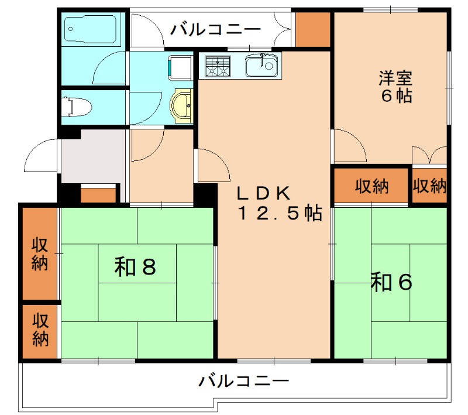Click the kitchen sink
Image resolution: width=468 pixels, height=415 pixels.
pos(261,64)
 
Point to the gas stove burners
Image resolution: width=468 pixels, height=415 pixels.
pos(216,66)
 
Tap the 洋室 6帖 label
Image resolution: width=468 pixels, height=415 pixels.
pos(396,86)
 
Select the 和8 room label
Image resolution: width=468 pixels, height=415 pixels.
pos(135,267)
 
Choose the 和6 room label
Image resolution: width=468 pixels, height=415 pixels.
pos(391,283)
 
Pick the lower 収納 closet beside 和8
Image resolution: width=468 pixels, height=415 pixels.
pos(40,330)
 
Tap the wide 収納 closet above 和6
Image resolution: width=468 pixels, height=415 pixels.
pos(372,186)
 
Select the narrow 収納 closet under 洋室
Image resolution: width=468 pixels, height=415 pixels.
pos(430,186)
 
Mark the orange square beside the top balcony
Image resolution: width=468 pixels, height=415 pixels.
pos(313,29)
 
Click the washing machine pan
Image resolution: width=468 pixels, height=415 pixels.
pos(180,66)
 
